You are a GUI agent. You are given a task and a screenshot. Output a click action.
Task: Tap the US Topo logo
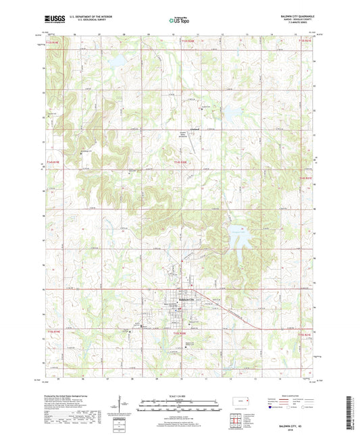click(175, 20)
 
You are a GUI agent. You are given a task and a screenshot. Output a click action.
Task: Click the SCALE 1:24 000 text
click(179, 395)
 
